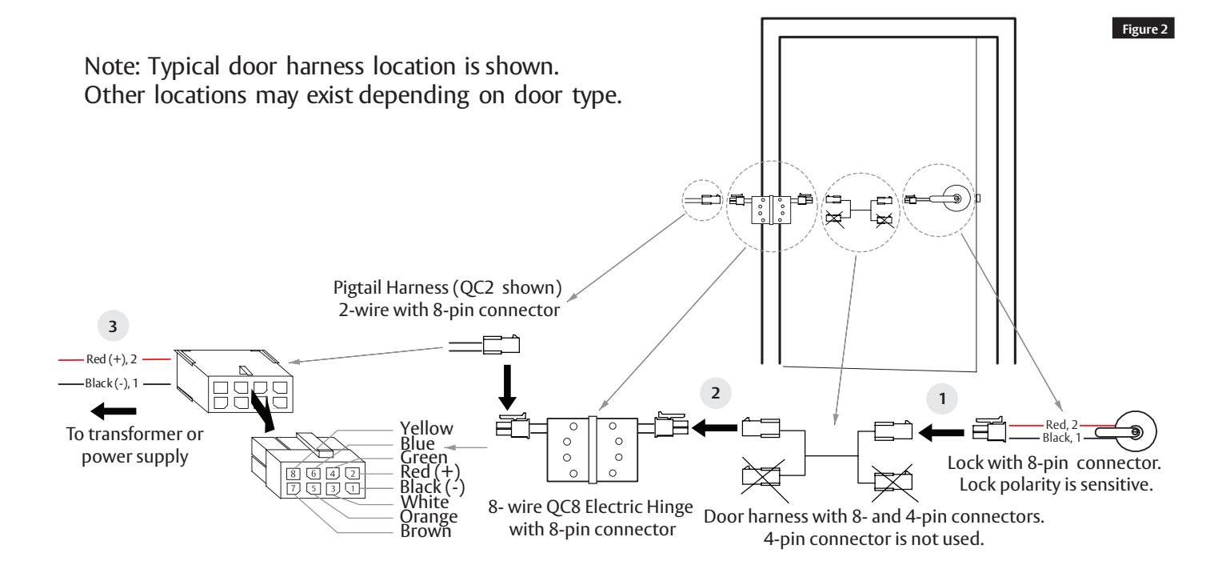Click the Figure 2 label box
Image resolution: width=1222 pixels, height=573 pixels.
click(x=1143, y=28)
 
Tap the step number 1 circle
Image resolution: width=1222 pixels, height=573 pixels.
click(x=941, y=399)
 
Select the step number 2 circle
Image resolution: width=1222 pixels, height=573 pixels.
click(x=715, y=393)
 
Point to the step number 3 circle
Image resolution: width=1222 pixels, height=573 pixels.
click(x=113, y=327)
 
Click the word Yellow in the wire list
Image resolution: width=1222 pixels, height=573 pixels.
click(x=426, y=428)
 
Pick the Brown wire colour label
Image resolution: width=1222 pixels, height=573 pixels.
click(x=425, y=531)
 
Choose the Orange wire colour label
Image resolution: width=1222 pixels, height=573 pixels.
click(x=428, y=516)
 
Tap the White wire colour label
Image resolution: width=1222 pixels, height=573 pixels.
click(x=425, y=502)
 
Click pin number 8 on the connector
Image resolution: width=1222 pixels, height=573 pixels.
click(x=293, y=474)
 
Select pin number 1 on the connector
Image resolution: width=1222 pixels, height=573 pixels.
click(x=353, y=488)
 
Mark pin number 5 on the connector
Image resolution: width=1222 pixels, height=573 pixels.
click(x=313, y=488)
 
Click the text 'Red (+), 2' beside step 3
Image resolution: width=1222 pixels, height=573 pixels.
click(x=111, y=359)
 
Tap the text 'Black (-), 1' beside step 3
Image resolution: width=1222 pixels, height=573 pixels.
click(x=111, y=383)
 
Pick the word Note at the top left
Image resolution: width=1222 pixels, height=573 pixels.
click(x=111, y=66)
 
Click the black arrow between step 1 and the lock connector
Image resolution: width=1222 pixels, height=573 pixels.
click(x=941, y=433)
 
